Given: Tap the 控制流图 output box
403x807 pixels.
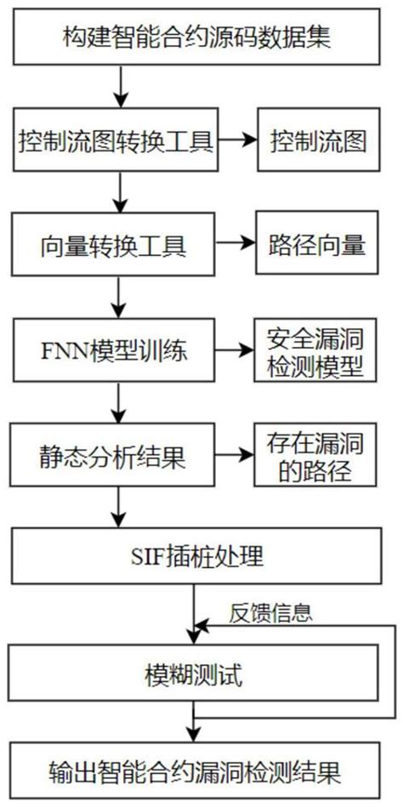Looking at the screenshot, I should coord(317,141).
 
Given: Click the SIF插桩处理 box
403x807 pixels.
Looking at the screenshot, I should coord(201,558).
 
